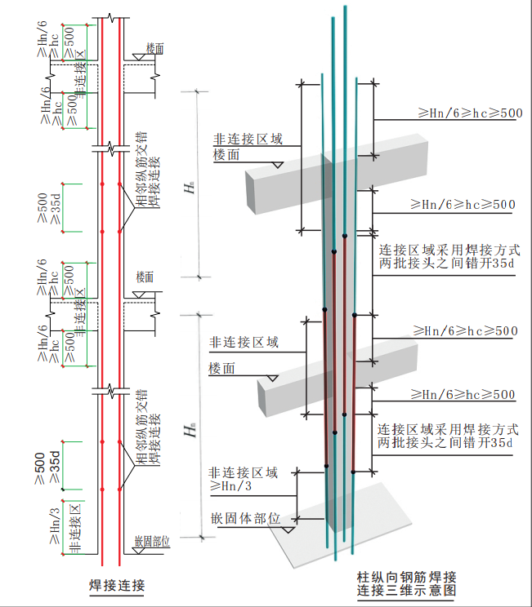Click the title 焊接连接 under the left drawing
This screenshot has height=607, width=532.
click(x=116, y=585)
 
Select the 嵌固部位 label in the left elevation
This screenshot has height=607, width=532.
click(x=152, y=541)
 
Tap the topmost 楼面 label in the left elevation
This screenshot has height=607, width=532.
click(x=154, y=48)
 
